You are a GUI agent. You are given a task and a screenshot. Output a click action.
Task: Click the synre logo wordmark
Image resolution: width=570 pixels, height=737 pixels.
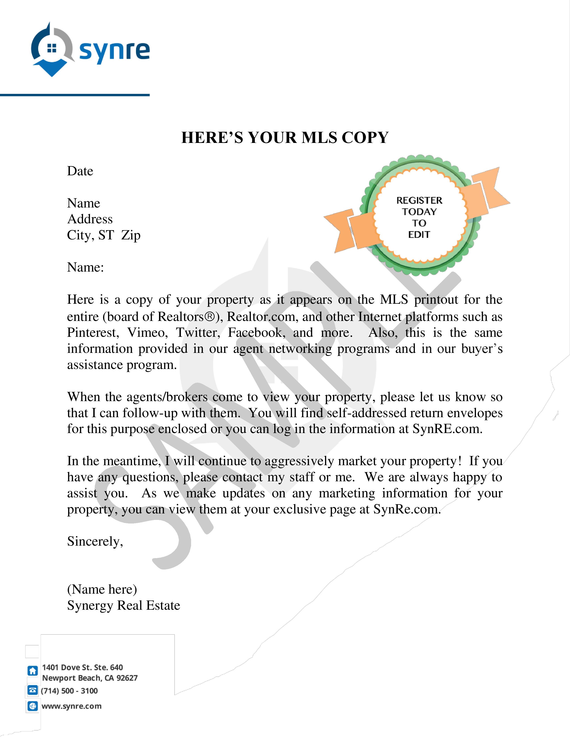(x=114, y=51)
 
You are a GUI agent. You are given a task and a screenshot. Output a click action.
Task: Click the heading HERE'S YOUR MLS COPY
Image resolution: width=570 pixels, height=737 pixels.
(x=285, y=138)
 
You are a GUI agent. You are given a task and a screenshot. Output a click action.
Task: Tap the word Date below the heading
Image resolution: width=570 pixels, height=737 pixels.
(x=80, y=171)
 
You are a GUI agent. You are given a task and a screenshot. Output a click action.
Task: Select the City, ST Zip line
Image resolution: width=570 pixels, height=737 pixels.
(x=104, y=235)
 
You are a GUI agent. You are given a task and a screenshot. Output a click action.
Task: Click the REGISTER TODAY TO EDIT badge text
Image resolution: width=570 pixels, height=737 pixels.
(x=419, y=217)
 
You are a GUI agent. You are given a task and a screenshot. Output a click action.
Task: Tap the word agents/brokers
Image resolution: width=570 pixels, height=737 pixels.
(x=167, y=397)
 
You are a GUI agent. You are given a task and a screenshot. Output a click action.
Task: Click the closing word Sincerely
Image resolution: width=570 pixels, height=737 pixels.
(x=95, y=542)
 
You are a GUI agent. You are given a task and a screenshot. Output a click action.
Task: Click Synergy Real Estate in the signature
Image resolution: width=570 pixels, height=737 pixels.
(x=124, y=606)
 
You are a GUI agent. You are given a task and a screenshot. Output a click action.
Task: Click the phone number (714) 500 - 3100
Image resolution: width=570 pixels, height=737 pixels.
(x=69, y=691)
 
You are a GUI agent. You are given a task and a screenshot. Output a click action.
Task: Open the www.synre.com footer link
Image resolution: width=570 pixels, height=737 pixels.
(x=71, y=706)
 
